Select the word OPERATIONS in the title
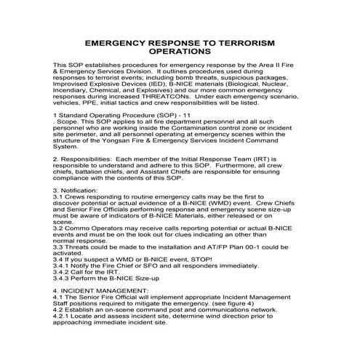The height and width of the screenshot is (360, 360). click(180, 53)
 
